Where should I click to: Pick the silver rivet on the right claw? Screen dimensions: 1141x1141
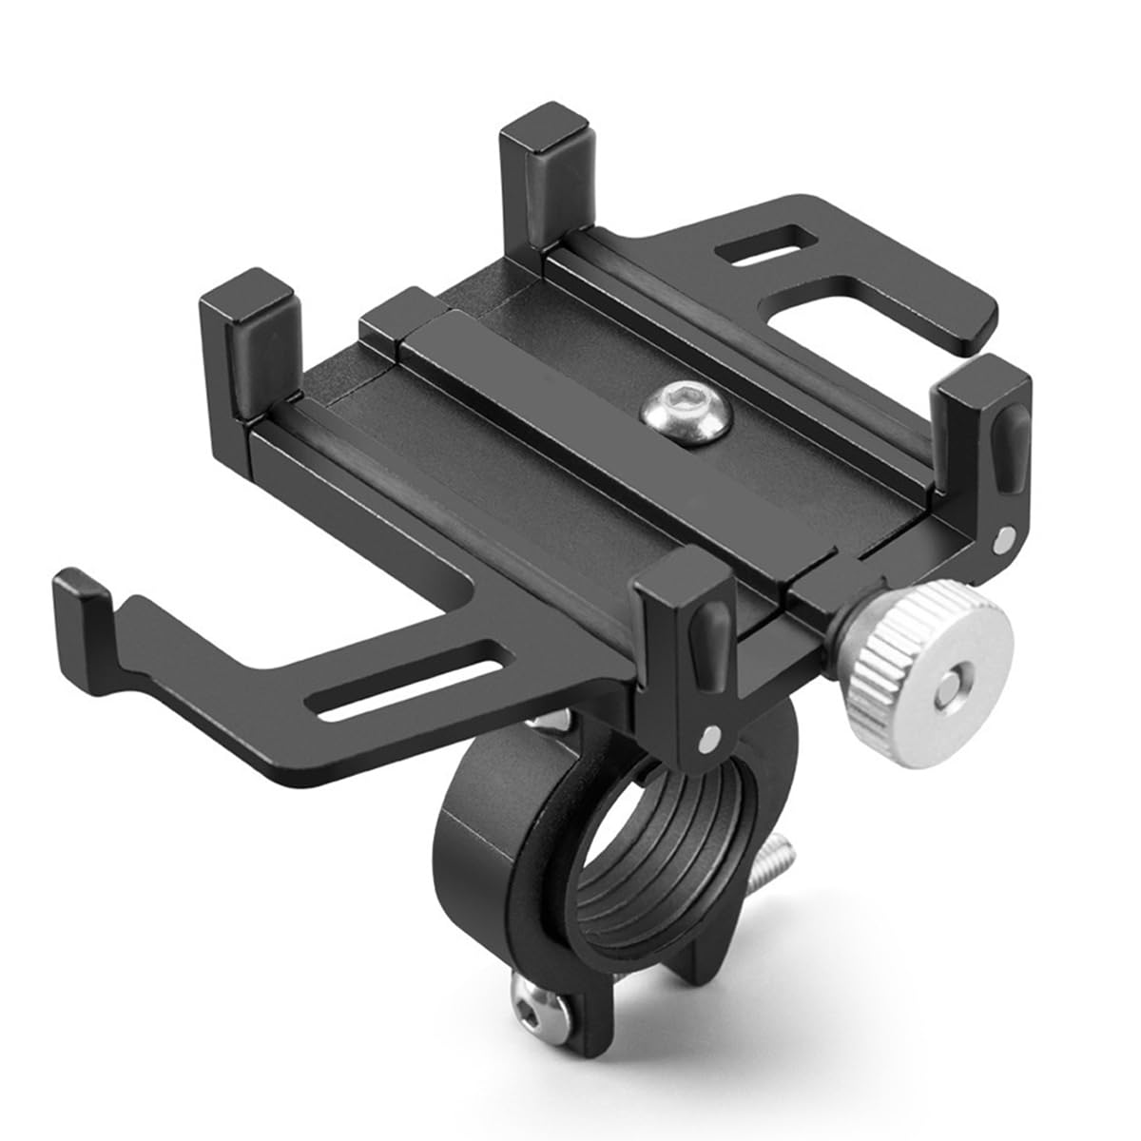pos(1001,539)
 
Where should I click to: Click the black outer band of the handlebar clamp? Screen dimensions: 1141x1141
pos(475,856)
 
